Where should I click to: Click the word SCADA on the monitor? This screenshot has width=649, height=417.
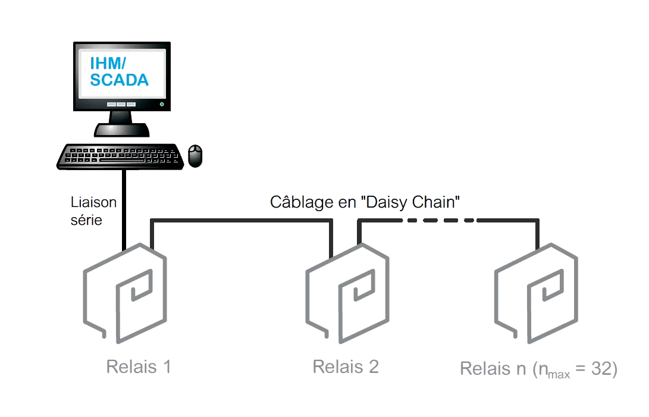click(119, 80)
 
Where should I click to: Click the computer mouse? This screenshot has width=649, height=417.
click(195, 156)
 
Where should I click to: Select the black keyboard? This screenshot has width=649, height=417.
click(120, 156)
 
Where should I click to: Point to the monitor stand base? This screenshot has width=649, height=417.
click(121, 129)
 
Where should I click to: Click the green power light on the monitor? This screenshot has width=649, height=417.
click(161, 104)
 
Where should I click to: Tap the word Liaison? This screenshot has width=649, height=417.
click(94, 202)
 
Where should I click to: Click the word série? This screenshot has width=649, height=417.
click(86, 220)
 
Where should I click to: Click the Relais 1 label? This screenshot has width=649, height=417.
click(139, 366)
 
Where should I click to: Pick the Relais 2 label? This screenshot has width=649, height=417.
click(346, 366)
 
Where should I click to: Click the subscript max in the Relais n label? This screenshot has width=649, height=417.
click(559, 374)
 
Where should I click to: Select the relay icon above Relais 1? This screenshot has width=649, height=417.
click(124, 292)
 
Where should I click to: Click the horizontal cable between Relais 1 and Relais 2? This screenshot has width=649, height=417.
click(241, 221)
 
